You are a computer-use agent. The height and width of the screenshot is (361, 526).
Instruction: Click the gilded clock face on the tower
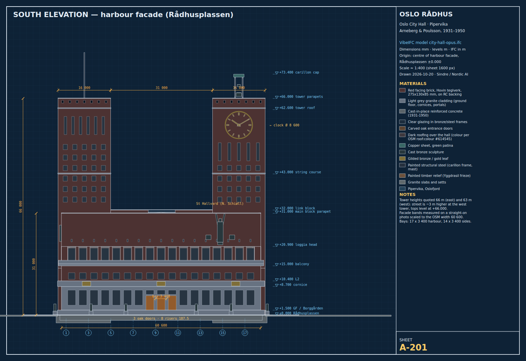coord(239,125)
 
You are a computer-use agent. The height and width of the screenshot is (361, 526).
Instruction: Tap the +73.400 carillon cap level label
coord(299,73)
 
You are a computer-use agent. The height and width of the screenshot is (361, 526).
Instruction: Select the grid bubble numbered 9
coord(155,333)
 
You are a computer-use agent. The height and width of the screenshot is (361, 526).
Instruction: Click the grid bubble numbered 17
coord(245,333)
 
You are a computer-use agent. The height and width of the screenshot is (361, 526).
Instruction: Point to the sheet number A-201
coord(413,347)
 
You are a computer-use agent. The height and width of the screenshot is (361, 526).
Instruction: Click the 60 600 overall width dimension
coord(161,325)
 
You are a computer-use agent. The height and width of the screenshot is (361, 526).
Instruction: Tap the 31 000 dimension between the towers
coord(161,88)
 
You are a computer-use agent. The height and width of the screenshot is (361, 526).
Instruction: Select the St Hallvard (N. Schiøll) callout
coord(220,203)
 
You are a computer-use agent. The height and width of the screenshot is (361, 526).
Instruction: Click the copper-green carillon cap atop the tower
coord(239,75)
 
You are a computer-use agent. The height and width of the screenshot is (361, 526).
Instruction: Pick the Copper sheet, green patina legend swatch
coord(402,145)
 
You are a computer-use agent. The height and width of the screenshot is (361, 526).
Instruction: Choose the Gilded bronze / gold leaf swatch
coord(402,158)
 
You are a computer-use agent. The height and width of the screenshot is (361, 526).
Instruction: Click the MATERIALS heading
coord(413,83)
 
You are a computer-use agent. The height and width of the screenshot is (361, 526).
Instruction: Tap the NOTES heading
coord(407,194)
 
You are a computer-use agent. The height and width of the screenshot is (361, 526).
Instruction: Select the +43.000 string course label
coord(300,172)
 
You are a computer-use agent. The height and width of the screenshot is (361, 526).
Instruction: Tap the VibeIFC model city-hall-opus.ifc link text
coord(430,43)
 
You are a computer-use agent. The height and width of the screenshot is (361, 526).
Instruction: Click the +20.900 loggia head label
coord(298,244)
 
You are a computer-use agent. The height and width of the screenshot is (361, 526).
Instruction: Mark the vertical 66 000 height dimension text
coord(21,207)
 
